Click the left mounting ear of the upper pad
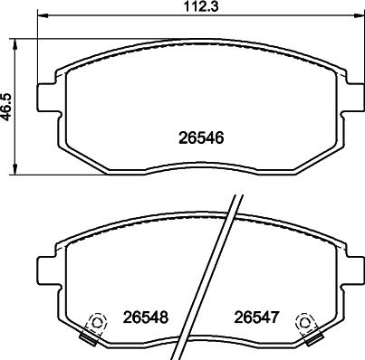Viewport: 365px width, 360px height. [x=46, y=97]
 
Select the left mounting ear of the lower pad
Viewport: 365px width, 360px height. [x=46, y=269]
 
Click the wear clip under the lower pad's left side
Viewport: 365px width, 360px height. [x=89, y=340]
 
